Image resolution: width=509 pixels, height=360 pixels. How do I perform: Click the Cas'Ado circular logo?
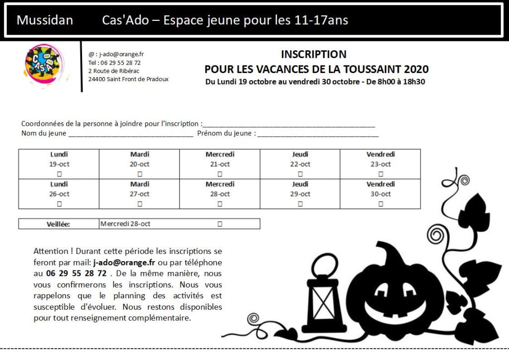pos(44,66)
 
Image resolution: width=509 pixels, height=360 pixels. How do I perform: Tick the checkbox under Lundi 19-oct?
pos(60,174)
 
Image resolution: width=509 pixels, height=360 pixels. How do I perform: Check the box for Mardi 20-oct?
pos(140,174)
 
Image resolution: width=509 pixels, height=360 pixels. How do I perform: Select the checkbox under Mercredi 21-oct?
pos(220,174)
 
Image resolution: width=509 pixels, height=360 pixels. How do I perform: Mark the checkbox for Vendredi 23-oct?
pos(381,174)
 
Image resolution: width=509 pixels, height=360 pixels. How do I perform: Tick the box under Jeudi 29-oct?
pos(300,204)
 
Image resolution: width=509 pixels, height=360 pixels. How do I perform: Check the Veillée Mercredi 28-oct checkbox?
pos(220,224)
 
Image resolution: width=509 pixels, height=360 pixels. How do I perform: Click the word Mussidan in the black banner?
pos(45,20)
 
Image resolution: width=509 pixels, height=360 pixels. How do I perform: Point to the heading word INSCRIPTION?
pos(314,54)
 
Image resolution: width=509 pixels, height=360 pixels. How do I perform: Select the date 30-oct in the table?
pos(381,194)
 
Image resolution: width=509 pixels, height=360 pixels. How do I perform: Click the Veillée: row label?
pos(59,224)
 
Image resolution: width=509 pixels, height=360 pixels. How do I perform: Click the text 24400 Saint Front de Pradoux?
pos(128,79)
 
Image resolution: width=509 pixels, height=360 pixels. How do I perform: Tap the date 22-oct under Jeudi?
pos(300,164)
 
